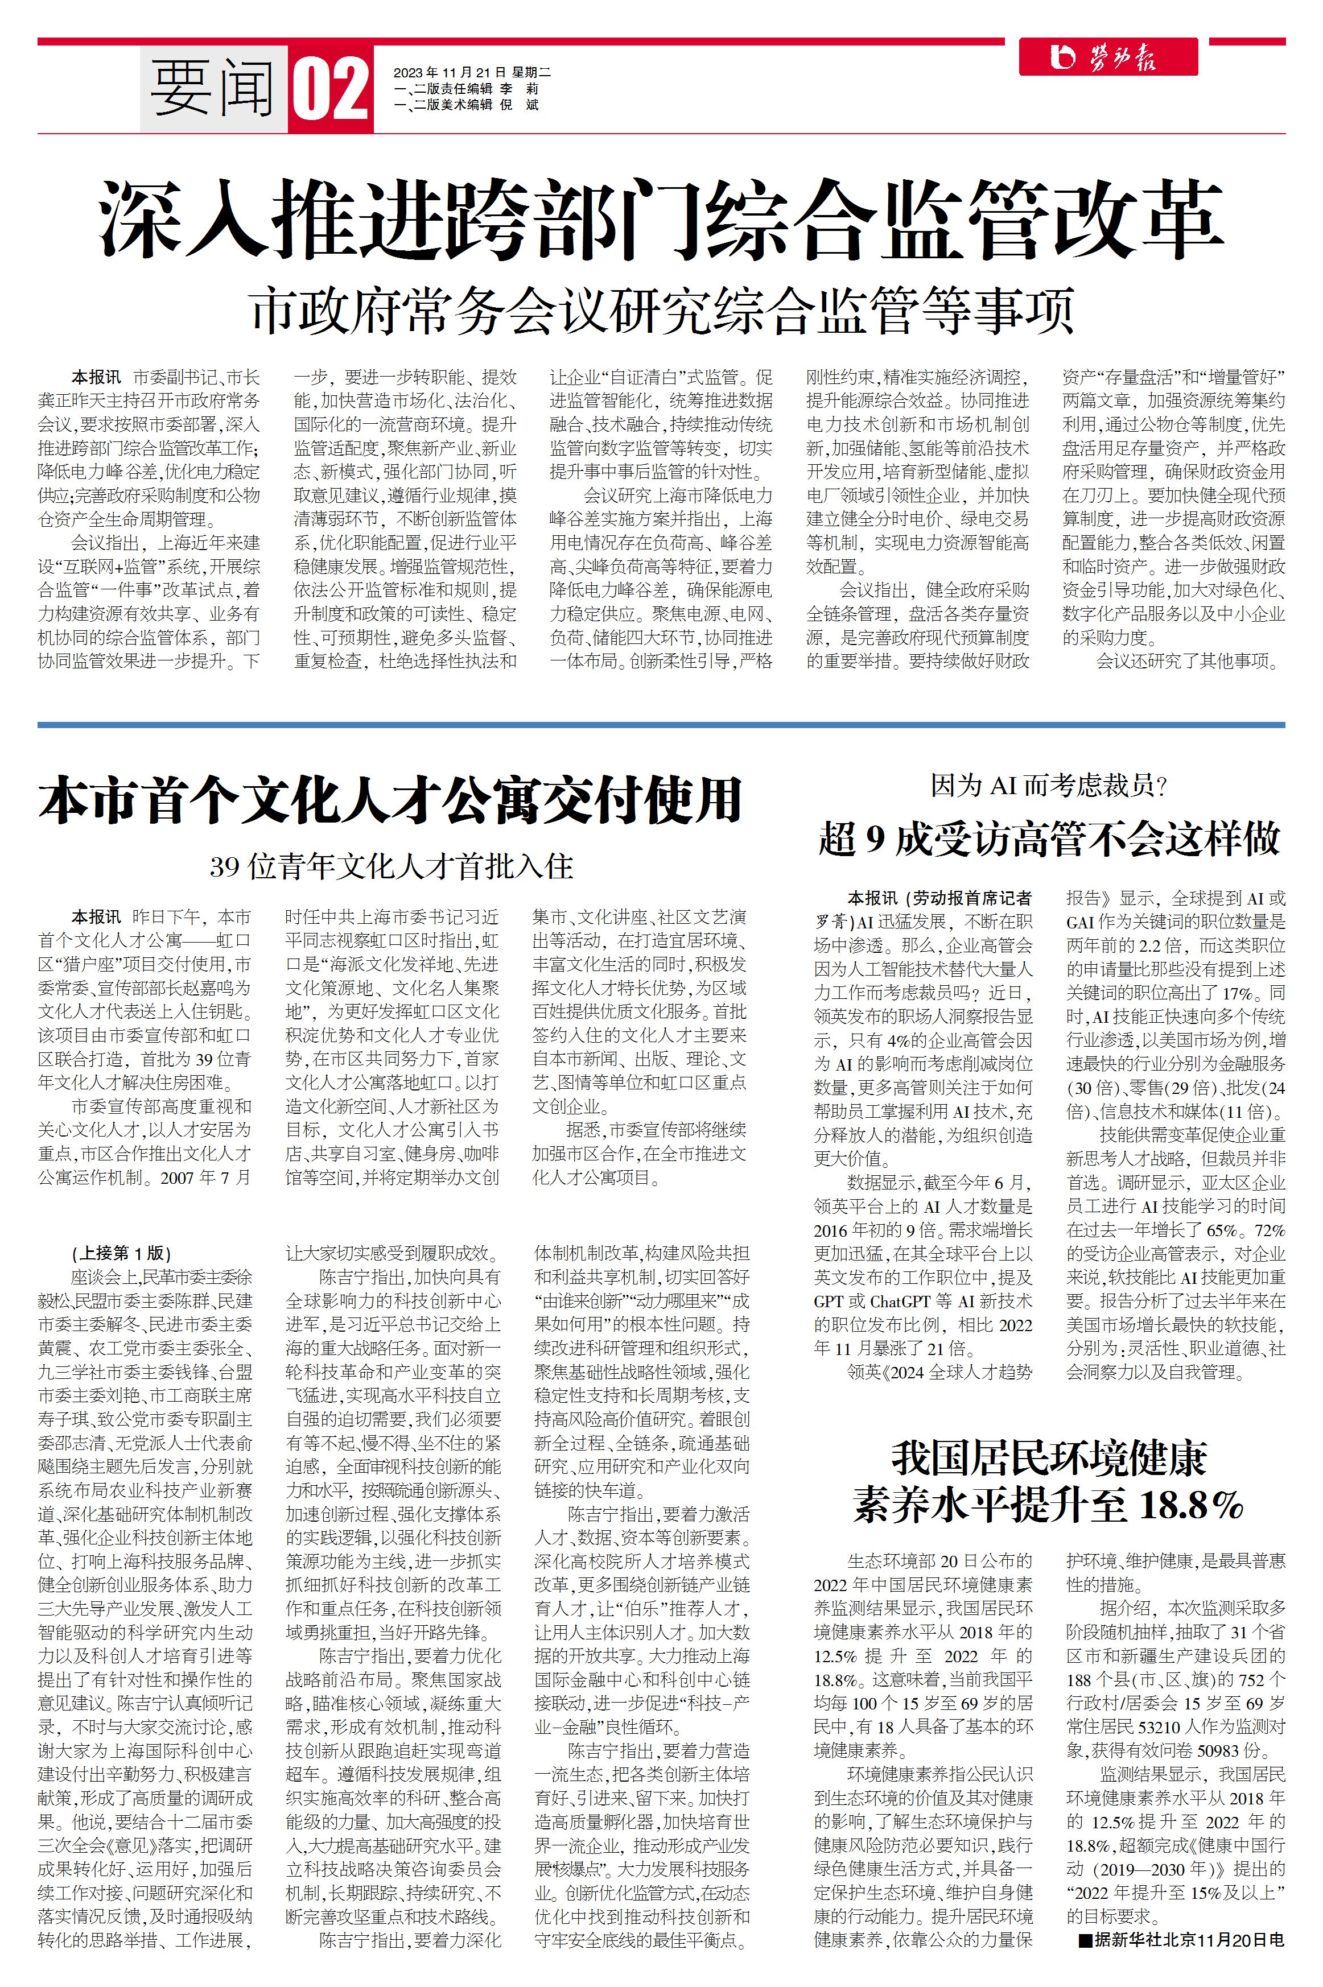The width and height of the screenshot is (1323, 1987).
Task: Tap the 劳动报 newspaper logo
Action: click(1107, 57)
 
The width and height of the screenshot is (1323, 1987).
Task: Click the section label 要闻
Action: click(213, 89)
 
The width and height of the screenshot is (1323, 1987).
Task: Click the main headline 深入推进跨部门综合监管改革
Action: click(661, 218)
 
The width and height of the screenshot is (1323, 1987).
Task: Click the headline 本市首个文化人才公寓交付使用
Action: click(390, 800)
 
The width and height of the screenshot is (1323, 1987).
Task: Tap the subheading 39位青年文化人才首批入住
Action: click(391, 866)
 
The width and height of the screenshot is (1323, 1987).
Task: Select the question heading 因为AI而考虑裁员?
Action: click(1049, 786)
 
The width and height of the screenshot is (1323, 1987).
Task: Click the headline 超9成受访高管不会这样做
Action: click(1049, 839)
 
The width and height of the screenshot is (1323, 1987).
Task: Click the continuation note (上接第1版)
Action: click(122, 1253)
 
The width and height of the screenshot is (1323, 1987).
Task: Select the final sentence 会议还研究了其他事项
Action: click(1188, 661)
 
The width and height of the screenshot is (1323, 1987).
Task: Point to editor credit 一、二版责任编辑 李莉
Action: click(465, 89)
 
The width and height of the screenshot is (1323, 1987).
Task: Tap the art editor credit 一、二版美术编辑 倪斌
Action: click(465, 105)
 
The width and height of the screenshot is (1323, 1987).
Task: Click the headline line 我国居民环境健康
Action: click(1049, 1457)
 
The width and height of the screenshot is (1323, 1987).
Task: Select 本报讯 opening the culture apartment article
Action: click(96, 917)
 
